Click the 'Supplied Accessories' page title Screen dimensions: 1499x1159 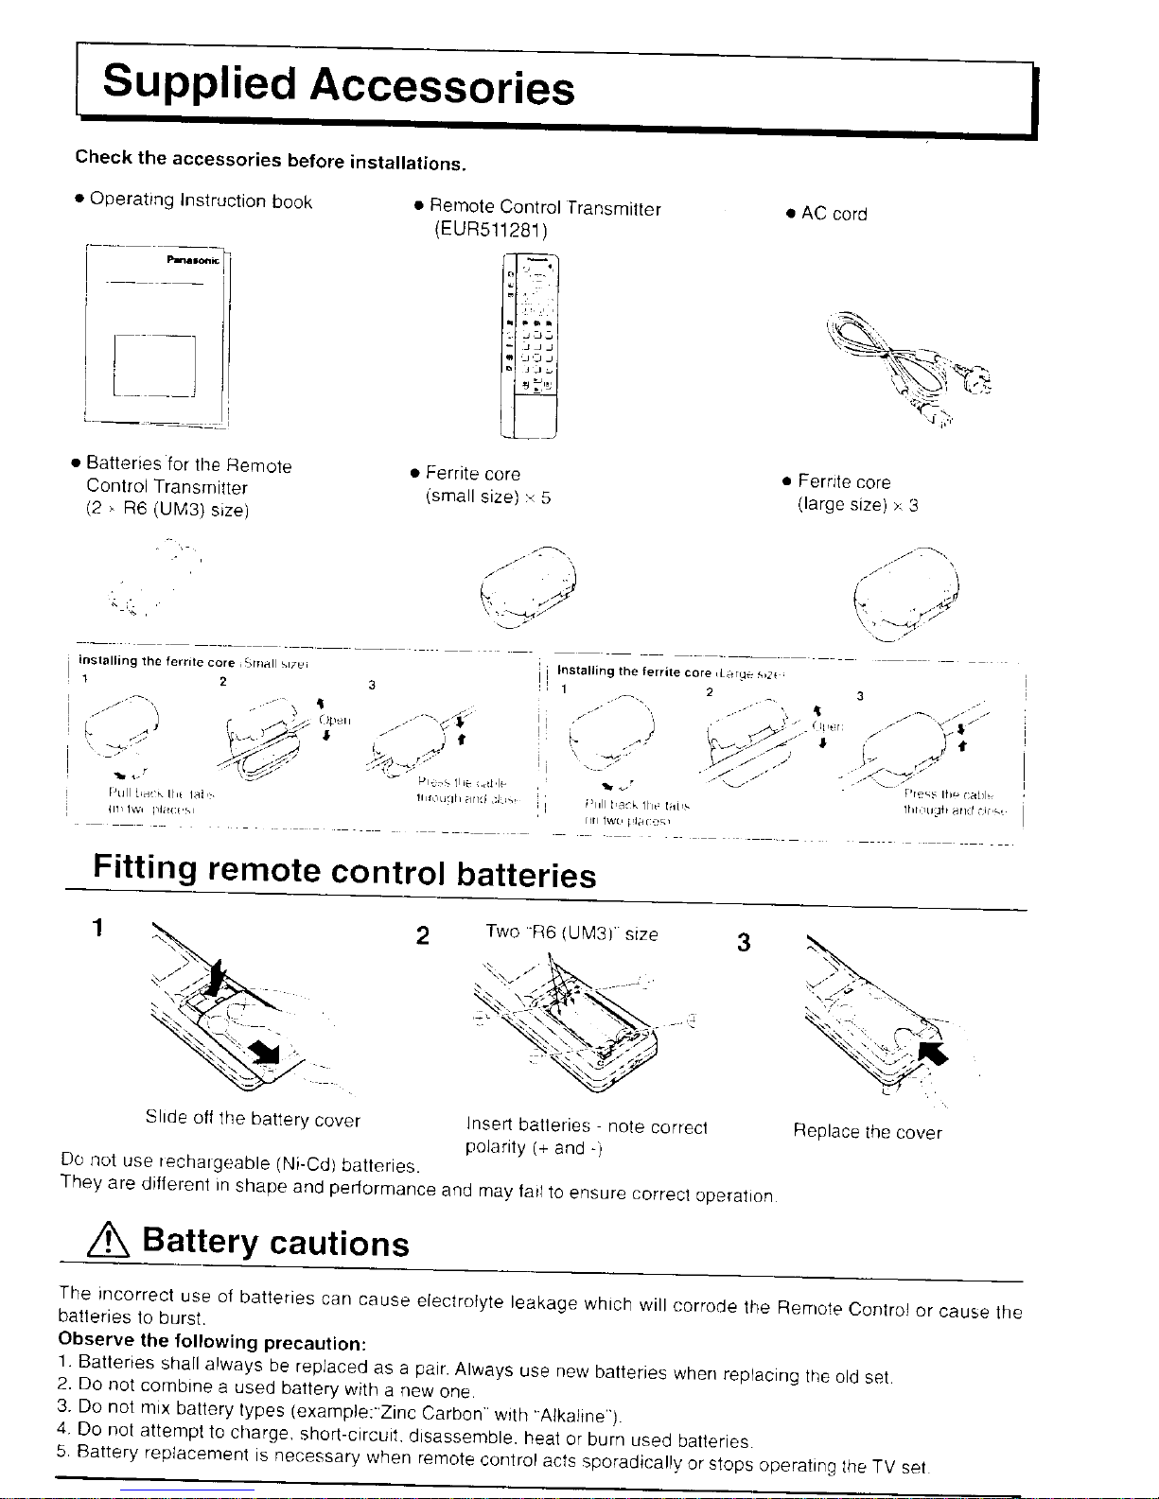pyautogui.click(x=339, y=86)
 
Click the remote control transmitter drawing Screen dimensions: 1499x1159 pyautogui.click(x=531, y=347)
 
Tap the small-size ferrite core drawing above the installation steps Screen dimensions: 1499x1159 pyautogui.click(x=529, y=587)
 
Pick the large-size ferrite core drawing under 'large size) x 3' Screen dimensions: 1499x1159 pyautogui.click(x=905, y=595)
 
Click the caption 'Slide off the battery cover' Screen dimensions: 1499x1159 pyautogui.click(x=253, y=1120)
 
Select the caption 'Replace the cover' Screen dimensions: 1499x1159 pyautogui.click(x=868, y=1132)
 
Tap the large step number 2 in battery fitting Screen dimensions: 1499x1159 pyautogui.click(x=423, y=936)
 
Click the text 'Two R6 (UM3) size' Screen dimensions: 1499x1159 pyautogui.click(x=571, y=934)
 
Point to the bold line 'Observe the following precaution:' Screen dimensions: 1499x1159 pyautogui.click(x=212, y=1342)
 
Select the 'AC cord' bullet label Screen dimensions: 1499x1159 pyautogui.click(x=834, y=214)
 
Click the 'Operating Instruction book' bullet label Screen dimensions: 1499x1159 pyautogui.click(x=201, y=201)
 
